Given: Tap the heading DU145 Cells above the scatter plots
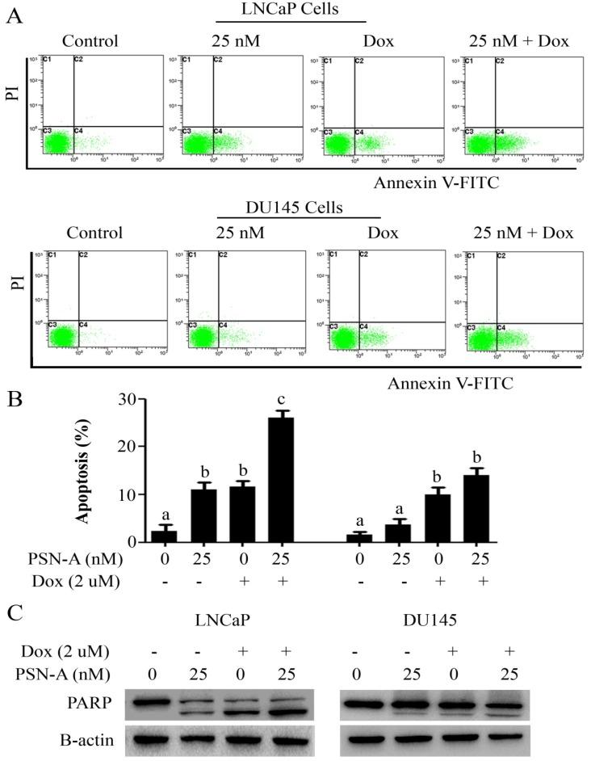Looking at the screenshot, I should pyautogui.click(x=298, y=207).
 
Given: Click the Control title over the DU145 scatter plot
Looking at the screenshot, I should pyautogui.click(x=94, y=233).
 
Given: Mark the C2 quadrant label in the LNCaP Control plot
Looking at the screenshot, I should pyautogui.click(x=79, y=61).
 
